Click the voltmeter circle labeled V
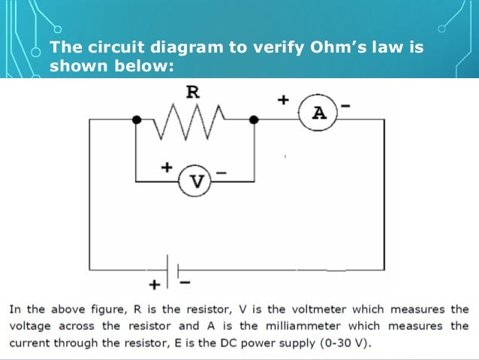197,180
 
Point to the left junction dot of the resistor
136,119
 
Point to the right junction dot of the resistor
255,119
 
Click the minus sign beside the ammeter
346,107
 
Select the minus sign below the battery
185,283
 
